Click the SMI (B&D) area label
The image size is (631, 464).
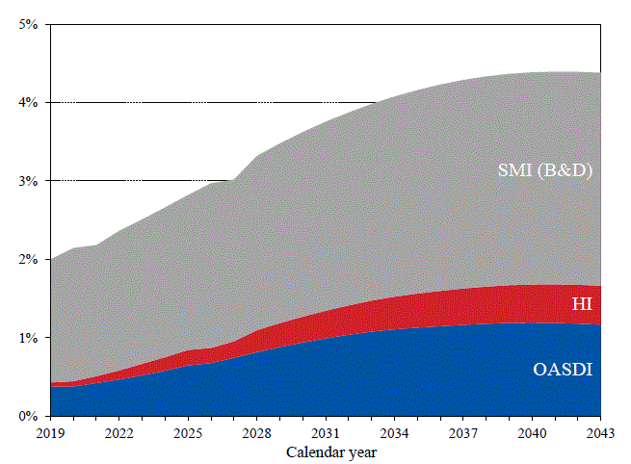(x=544, y=170)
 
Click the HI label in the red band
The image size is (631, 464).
(x=581, y=305)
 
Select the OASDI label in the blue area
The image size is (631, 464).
(x=563, y=370)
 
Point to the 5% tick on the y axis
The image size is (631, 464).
(x=28, y=23)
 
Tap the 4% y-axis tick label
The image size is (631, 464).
(x=28, y=102)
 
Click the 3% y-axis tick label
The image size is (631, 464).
(x=28, y=181)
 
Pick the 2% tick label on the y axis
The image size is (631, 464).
(x=28, y=259)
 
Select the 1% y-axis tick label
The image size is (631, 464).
(x=28, y=338)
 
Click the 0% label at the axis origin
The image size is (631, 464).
(x=28, y=417)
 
